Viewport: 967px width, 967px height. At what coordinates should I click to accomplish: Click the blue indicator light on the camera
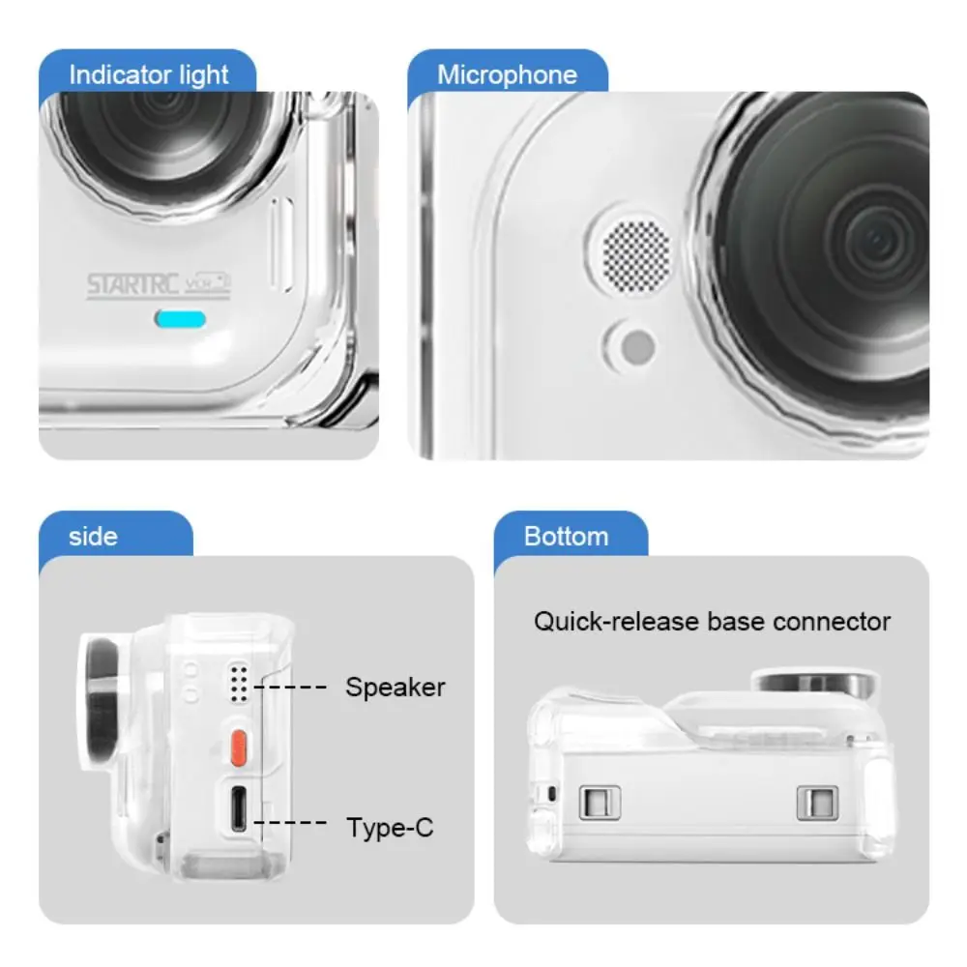(x=181, y=319)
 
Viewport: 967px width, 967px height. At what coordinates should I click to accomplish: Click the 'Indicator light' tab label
(x=148, y=74)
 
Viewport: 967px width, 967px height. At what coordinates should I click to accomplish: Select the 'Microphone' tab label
(x=506, y=74)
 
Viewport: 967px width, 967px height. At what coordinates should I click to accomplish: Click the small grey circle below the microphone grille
(x=635, y=345)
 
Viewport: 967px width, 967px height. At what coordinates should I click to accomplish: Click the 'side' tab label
(x=93, y=536)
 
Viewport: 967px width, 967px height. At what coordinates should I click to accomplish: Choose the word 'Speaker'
(x=396, y=688)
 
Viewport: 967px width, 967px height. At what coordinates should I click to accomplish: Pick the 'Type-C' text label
(x=390, y=828)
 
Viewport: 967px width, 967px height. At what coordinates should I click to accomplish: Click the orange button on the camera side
(x=238, y=745)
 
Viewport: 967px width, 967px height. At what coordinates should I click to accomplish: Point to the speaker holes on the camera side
(x=239, y=681)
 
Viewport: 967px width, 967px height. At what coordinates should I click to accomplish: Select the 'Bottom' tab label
(x=566, y=536)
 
